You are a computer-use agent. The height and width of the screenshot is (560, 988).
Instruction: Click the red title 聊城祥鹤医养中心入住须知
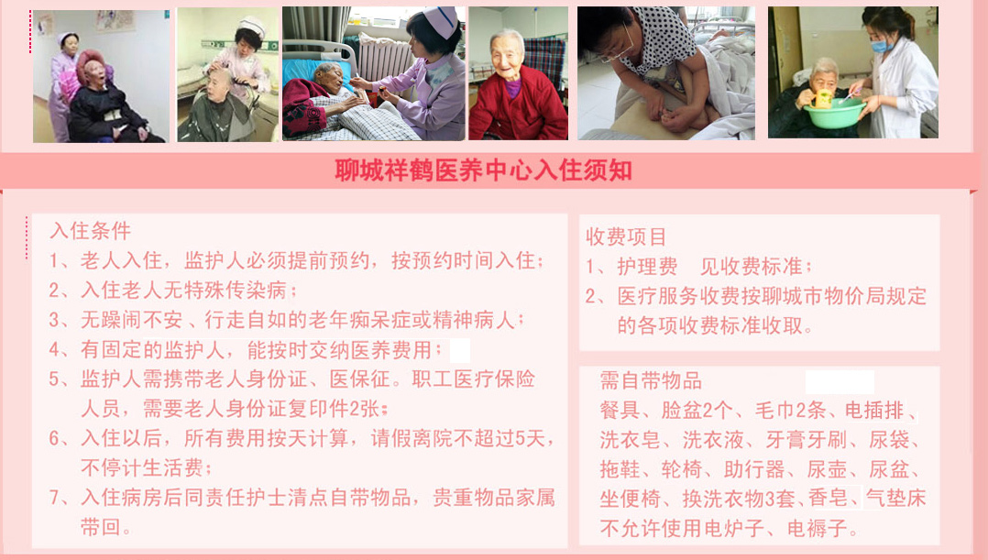pyautogui.click(x=483, y=170)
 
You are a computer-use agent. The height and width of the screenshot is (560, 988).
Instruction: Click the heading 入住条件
pyautogui.click(x=91, y=231)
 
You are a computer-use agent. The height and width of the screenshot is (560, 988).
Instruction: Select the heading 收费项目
pyautogui.click(x=626, y=236)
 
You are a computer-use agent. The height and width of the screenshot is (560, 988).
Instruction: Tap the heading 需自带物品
pyautogui.click(x=651, y=380)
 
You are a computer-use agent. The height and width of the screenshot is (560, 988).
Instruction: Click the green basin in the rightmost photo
pyautogui.click(x=834, y=113)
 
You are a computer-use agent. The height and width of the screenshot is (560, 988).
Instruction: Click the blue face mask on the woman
pyautogui.click(x=881, y=45)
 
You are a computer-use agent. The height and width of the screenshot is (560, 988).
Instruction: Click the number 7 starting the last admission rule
pyautogui.click(x=55, y=498)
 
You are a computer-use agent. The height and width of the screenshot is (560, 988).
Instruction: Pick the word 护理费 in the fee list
pyautogui.click(x=647, y=267)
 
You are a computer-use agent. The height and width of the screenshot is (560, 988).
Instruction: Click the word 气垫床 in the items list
pyautogui.click(x=895, y=499)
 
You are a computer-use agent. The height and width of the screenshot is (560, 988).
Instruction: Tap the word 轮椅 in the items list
pyautogui.click(x=682, y=469)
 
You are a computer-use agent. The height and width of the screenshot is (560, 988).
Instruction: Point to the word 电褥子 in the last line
pyautogui.click(x=818, y=528)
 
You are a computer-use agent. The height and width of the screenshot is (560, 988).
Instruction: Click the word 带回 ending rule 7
pyautogui.click(x=101, y=527)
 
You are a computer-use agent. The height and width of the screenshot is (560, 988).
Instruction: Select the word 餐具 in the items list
pyautogui.click(x=620, y=410)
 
